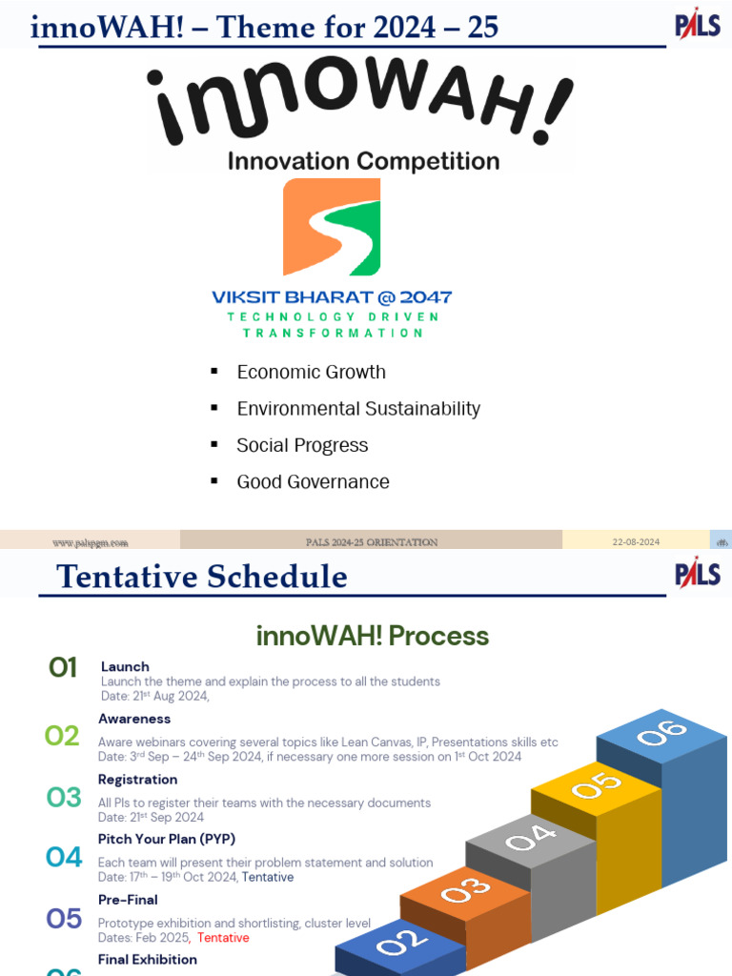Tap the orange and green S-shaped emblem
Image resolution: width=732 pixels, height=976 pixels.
tap(332, 227)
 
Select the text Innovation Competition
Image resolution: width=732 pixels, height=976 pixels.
tap(363, 161)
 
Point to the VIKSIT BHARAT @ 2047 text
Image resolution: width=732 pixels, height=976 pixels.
tap(332, 297)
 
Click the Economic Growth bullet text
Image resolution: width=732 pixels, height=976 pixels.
tap(311, 372)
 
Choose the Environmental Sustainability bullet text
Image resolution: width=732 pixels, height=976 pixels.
tap(358, 409)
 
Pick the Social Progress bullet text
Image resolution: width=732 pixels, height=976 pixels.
tap(302, 445)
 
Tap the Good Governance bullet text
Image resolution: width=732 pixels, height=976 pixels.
tap(313, 482)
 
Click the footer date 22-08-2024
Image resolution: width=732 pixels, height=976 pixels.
tap(636, 542)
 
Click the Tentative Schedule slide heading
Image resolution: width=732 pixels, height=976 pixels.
tap(201, 577)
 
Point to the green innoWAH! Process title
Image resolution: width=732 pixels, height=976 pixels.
tap(372, 636)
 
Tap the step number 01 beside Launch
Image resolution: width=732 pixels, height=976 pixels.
tap(63, 668)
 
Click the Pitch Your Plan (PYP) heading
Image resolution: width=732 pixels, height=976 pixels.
tap(167, 839)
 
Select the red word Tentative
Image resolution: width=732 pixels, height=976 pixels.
tap(223, 938)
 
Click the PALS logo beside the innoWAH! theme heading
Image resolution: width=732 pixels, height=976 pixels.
tap(697, 25)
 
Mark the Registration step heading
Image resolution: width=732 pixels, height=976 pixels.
tap(137, 780)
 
